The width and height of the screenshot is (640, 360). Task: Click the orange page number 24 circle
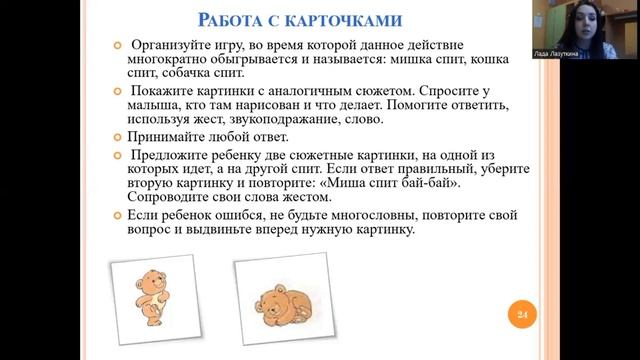[521, 316]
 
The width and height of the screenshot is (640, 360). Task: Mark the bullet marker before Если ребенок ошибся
[119, 215]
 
